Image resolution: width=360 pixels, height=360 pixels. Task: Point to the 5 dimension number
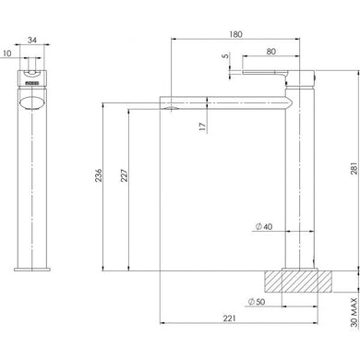[x=225, y=56]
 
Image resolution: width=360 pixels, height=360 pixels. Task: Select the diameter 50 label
[x=258, y=302]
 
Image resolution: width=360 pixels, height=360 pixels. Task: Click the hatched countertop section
[x=294, y=280]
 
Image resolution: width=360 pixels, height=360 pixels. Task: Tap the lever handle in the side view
[x=264, y=71]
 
